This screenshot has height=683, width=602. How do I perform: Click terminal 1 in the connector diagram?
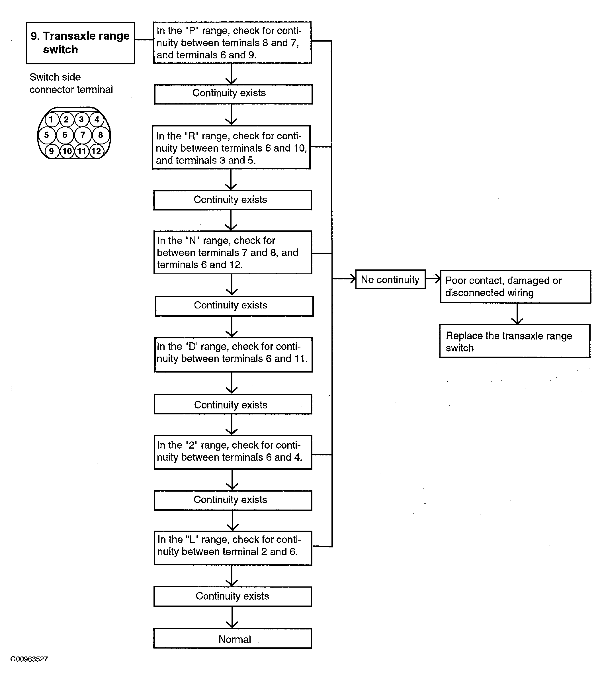(x=51, y=119)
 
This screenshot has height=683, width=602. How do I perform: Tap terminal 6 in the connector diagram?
(x=65, y=135)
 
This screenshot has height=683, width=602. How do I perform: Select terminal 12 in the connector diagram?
(x=96, y=151)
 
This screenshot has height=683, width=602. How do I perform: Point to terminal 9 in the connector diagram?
(x=52, y=151)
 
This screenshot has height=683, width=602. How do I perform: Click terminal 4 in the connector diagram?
(x=97, y=119)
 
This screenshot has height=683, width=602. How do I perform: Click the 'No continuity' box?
(x=390, y=279)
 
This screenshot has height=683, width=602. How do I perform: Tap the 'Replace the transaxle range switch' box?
(x=515, y=341)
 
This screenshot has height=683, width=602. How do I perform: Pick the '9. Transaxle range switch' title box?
(x=81, y=43)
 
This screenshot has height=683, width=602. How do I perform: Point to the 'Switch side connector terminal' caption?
(x=71, y=83)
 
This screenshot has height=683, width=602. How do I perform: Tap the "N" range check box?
(x=233, y=253)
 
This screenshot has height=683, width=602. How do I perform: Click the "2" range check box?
(x=233, y=452)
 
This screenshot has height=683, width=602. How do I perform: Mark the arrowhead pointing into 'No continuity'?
(x=353, y=279)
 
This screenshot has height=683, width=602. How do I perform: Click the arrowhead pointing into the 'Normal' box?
(x=232, y=624)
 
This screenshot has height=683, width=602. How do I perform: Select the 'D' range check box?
(x=234, y=355)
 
